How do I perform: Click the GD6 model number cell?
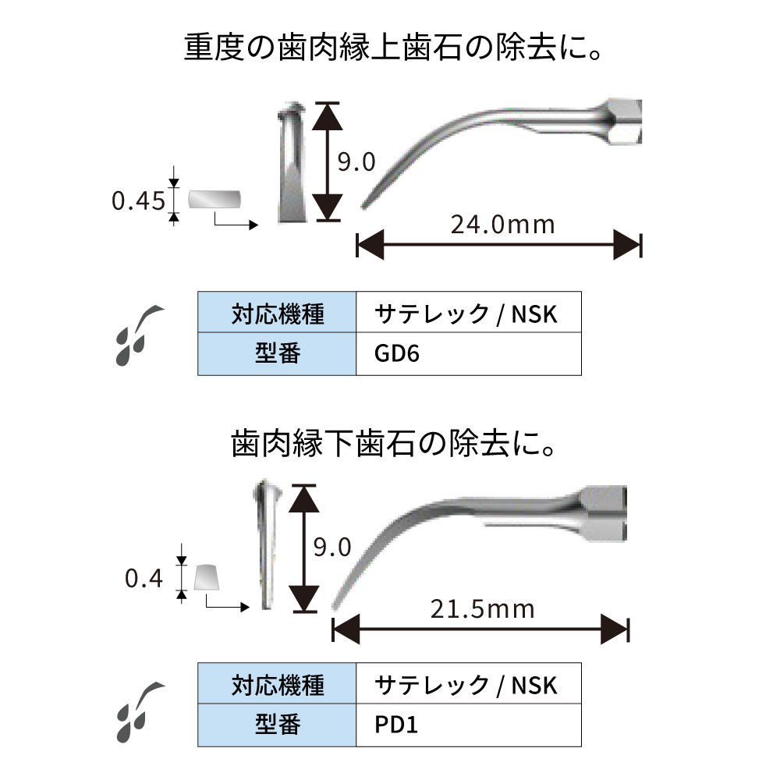pyautogui.click(x=468, y=353)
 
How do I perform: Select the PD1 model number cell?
pyautogui.click(x=468, y=725)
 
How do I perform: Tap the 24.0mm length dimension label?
pyautogui.click(x=502, y=225)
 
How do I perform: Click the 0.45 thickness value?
pyautogui.click(x=138, y=201)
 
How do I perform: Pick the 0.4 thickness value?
pyautogui.click(x=143, y=578)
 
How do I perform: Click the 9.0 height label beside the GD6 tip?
pyautogui.click(x=356, y=162)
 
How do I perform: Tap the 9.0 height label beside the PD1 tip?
pyautogui.click(x=332, y=546)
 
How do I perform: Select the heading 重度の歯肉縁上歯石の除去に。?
pyautogui.click(x=395, y=51)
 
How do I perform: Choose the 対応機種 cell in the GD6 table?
pyautogui.click(x=277, y=314)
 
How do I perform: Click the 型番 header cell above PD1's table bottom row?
pyautogui.click(x=277, y=725)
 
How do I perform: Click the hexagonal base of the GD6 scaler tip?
pyautogui.click(x=625, y=122)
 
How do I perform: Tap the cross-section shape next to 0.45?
pyautogui.click(x=214, y=200)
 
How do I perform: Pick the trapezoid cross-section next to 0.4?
pyautogui.click(x=207, y=578)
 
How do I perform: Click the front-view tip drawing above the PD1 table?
pyautogui.click(x=265, y=546)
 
